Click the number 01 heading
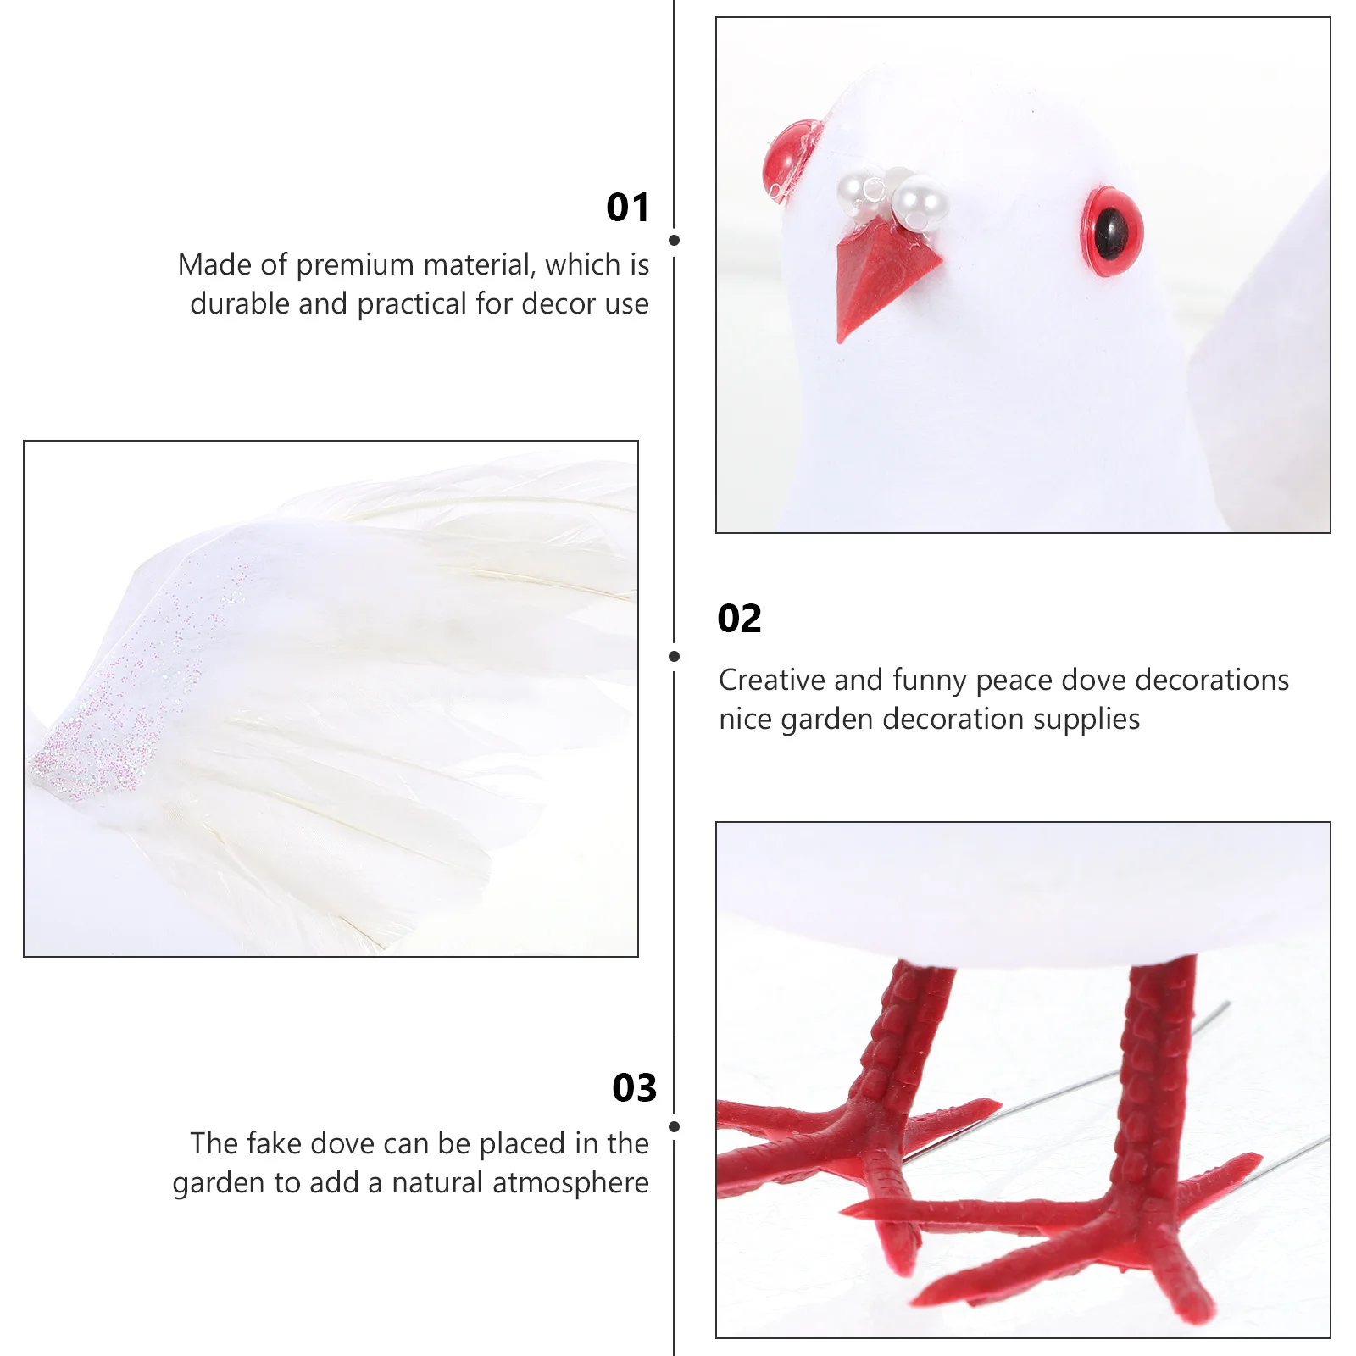click(627, 208)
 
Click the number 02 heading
click(739, 619)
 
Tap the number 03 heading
click(634, 1088)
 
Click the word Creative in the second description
click(771, 681)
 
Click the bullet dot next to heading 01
click(674, 241)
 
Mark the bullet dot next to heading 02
click(674, 657)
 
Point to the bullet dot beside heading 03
click(674, 1127)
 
